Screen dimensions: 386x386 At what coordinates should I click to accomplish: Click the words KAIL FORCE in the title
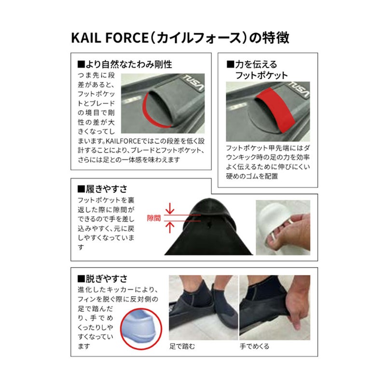coord(110,38)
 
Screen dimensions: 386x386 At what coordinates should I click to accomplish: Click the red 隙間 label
coord(154,218)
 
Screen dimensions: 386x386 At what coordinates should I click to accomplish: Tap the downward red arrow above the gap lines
coord(170,209)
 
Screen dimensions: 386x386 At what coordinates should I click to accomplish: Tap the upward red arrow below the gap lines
coord(170,227)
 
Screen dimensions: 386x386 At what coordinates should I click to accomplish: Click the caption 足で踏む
coord(182,346)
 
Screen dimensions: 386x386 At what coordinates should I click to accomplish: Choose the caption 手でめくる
coord(255,346)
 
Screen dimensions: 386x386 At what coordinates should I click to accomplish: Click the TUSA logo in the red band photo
coord(299,89)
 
